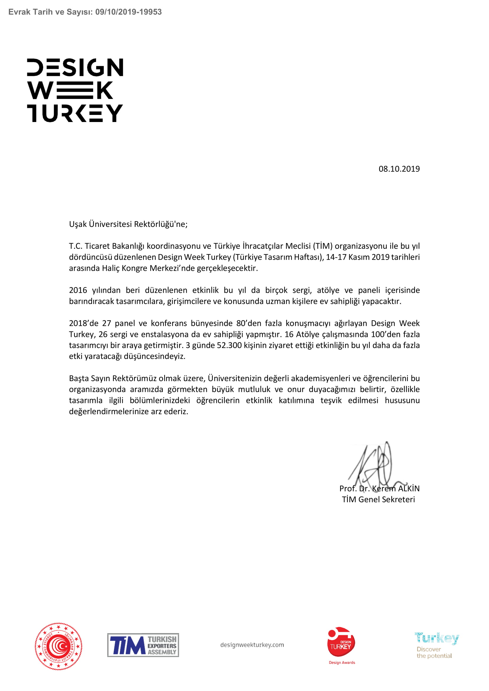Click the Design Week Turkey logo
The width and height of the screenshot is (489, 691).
point(75,90)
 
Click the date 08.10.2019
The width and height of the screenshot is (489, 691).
point(399,169)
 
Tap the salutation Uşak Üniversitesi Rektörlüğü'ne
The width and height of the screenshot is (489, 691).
point(128,224)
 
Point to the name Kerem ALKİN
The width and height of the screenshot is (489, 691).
point(395,488)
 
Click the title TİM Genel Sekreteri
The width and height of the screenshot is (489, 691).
point(378,500)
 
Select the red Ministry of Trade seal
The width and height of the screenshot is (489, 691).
point(59,646)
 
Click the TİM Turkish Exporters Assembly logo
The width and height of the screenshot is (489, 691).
point(143,645)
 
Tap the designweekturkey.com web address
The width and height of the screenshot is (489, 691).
point(252,645)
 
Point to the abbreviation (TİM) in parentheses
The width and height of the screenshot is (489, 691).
point(323,246)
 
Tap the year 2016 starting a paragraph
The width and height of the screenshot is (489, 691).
point(78,290)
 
